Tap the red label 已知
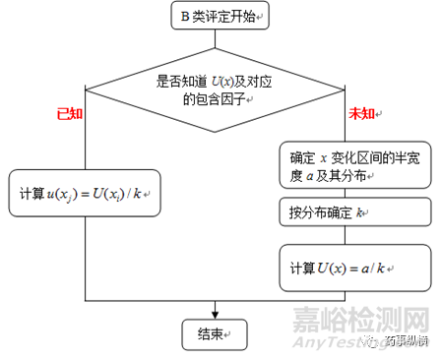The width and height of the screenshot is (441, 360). [70, 113]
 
